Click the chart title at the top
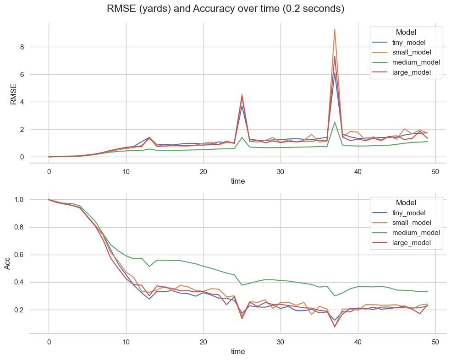coord(225,9)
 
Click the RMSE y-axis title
coord(13,94)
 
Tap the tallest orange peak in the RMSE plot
coord(335,29)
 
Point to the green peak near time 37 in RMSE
coord(335,122)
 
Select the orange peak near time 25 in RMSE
coord(242,94)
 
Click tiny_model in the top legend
coord(409,43)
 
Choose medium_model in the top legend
coord(416,62)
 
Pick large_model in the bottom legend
coord(411,243)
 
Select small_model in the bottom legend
coord(412,223)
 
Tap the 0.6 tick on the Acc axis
coord(37,255)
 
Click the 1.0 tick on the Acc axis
coord(37,200)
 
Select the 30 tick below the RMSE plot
coord(280,171)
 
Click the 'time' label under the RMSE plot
coord(237,181)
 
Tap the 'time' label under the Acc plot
coord(237,352)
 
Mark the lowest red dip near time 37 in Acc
coord(335,327)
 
